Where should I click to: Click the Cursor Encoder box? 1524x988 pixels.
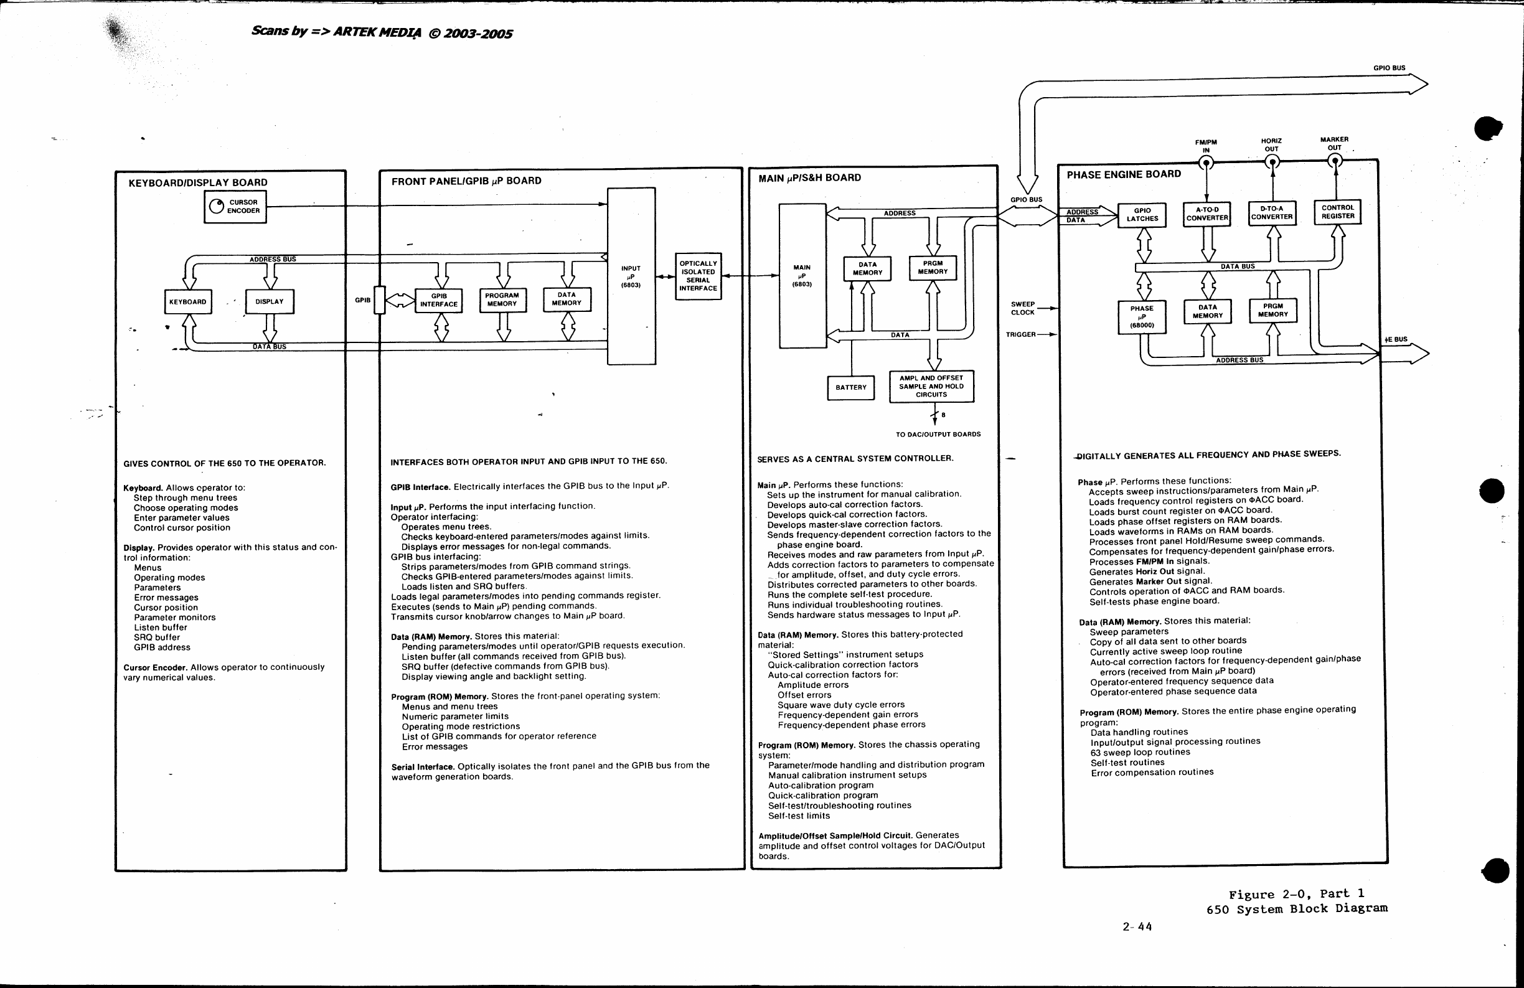[235, 207]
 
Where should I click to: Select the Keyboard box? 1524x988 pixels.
[187, 301]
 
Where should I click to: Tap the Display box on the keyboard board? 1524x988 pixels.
[270, 301]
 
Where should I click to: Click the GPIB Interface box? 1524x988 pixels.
[439, 300]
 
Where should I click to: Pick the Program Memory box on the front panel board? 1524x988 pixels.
[502, 299]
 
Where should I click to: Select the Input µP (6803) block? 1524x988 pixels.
[631, 276]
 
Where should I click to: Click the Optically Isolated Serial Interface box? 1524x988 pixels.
[698, 276]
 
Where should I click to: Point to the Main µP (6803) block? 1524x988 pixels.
[802, 276]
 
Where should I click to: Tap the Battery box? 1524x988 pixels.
[851, 387]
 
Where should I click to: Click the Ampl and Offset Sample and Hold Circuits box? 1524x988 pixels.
[932, 386]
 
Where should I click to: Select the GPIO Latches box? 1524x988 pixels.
[1142, 215]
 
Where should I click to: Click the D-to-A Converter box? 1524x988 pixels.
[1272, 213]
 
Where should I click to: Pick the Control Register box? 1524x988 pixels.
[1338, 212]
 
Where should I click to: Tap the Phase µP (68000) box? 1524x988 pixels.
[1142, 317]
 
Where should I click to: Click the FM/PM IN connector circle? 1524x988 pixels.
[1206, 162]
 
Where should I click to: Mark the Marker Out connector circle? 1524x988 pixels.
[1335, 160]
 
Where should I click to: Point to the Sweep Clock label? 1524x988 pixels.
[1023, 309]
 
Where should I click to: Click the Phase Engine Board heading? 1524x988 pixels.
[1124, 174]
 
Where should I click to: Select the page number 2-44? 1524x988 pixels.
[1137, 926]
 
